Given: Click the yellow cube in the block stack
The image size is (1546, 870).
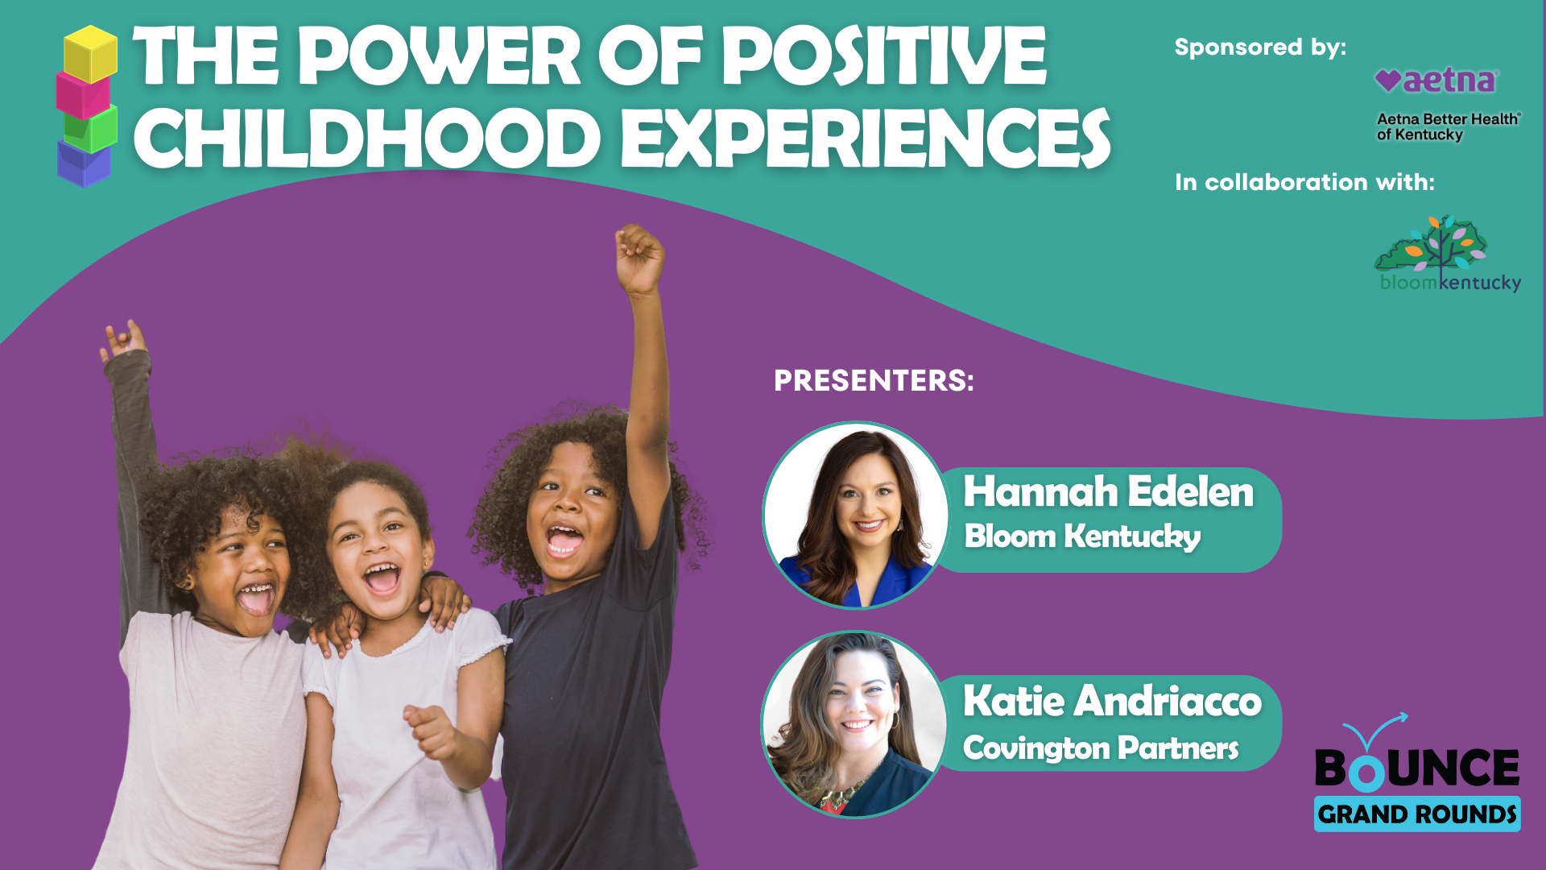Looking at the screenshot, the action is click(90, 54).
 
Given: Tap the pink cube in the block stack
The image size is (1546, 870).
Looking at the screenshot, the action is click(83, 95).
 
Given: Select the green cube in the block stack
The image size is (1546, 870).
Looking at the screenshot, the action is click(90, 129).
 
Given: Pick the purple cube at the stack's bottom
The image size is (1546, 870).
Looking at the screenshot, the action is click(84, 164).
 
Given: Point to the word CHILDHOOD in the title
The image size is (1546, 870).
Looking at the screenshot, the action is click(367, 138).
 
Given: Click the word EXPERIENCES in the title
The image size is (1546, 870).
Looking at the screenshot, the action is click(866, 138).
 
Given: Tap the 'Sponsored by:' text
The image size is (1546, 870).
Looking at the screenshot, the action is click(1260, 47).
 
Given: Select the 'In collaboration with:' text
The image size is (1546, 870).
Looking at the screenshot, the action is click(1304, 182).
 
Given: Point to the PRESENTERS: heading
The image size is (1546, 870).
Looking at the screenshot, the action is click(874, 380).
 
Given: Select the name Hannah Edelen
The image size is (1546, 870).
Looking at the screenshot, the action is click(1109, 491).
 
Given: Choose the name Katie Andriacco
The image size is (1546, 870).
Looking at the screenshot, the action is click(1112, 700).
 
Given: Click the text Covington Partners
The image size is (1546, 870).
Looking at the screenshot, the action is click(1101, 748).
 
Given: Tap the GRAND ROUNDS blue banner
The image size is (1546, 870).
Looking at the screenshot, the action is click(1417, 814).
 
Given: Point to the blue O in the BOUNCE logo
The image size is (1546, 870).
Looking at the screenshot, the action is click(1366, 772).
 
